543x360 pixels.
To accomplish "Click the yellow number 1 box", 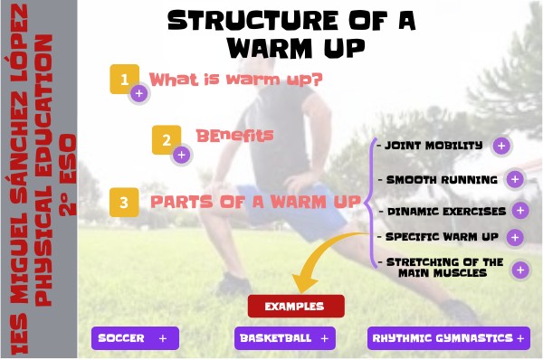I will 123,78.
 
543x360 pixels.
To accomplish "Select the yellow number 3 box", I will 124,202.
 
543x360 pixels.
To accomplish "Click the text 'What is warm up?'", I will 236,80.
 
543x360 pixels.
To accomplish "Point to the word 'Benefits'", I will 234,135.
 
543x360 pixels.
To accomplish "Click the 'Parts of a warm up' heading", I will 255,202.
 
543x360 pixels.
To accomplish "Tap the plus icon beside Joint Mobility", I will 502,145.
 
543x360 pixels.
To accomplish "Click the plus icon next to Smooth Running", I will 515,178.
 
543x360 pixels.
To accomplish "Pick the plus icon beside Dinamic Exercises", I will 519,210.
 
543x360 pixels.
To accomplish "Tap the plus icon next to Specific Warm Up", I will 514,238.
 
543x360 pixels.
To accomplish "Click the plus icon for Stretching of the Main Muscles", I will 519,269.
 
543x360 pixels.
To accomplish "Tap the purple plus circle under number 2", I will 181,155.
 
